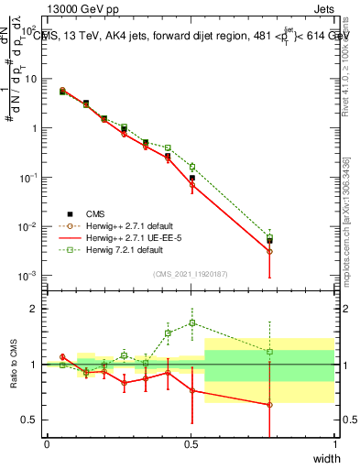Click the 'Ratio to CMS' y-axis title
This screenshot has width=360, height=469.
[x=14, y=365]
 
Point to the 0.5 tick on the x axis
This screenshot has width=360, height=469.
[x=191, y=444]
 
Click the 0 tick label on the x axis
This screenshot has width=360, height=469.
[x=47, y=444]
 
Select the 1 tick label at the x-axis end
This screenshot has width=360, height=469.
[x=334, y=444]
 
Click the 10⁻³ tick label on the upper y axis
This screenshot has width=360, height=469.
[x=28, y=276]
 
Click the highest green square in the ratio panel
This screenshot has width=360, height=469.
[x=191, y=322]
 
